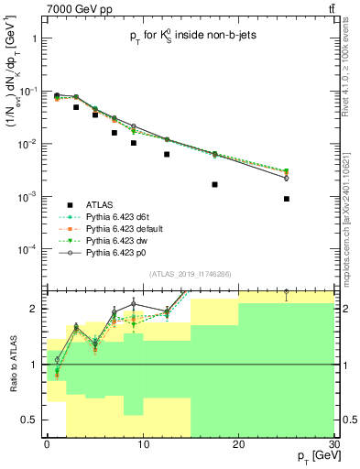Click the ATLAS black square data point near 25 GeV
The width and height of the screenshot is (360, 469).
coord(287,199)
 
